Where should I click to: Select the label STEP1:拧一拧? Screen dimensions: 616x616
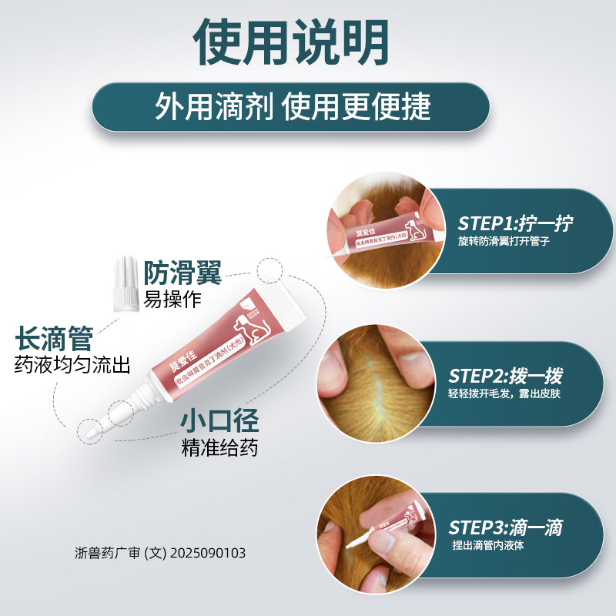515,224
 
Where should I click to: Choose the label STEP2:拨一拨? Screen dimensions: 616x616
505,377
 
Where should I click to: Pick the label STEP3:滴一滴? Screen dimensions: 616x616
505,528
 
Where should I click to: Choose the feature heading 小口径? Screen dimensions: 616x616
219,421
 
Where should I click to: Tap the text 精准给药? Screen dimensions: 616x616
219,447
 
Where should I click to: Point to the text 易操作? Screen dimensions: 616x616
173,299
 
